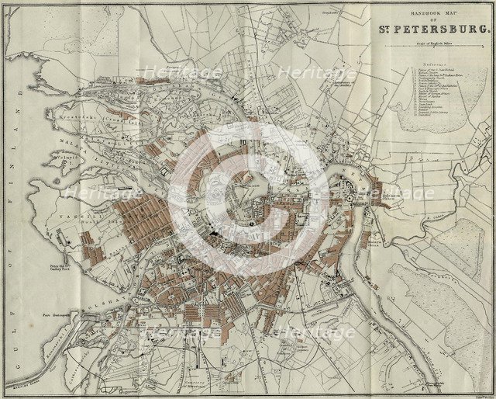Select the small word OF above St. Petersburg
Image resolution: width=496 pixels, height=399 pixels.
tap(434, 23)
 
